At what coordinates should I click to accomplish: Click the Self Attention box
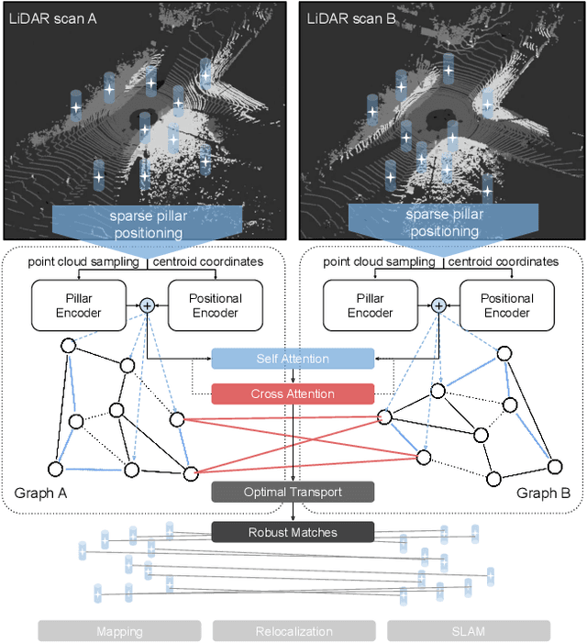pos(293,359)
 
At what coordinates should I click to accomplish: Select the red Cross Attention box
pos(293,394)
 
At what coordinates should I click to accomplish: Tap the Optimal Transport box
pos(293,493)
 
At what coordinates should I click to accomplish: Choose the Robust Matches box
pos(293,532)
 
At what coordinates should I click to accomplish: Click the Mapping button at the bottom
pos(119,631)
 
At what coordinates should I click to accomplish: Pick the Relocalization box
pos(293,631)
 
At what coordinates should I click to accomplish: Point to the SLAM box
pos(469,631)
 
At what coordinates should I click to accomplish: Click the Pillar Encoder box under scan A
pos(78,305)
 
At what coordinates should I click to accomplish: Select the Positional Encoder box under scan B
pos(507,305)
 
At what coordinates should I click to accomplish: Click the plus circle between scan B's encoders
pos(438,305)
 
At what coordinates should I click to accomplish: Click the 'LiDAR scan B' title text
pos(350,18)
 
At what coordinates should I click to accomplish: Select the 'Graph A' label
pos(41,493)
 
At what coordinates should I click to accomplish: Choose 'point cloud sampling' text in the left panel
pos(83,262)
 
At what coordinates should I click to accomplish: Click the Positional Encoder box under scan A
pos(216,305)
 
